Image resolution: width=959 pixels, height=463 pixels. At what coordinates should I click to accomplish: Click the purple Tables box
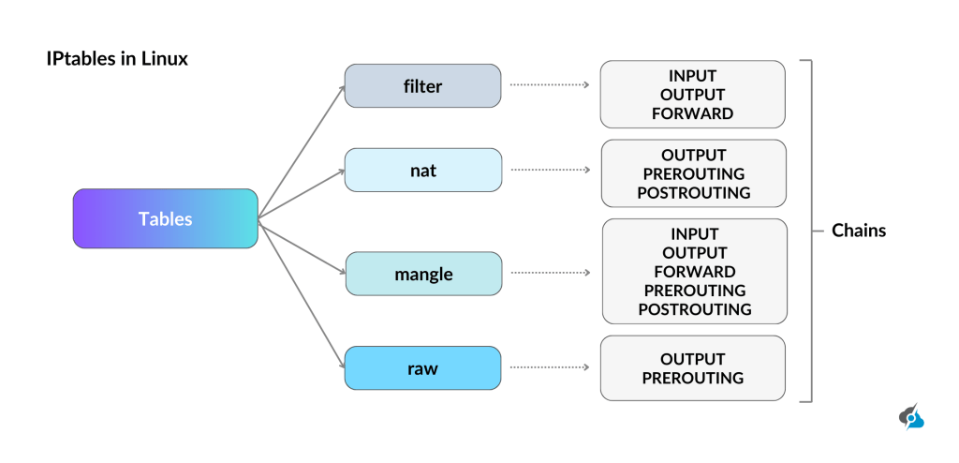[x=165, y=218]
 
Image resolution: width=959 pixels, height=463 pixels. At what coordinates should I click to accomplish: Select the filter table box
[x=422, y=86]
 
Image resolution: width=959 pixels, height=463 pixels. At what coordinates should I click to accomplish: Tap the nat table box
[x=423, y=171]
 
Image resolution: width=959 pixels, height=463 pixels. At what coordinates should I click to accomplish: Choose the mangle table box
[x=423, y=274]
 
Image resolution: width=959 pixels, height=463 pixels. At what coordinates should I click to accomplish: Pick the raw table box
[x=423, y=368]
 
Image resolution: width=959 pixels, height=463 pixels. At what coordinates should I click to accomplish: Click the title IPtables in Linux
[x=117, y=59]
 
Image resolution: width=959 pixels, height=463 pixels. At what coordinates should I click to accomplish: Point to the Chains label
[x=858, y=231]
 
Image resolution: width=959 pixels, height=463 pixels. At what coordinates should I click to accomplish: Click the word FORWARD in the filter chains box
[x=693, y=113]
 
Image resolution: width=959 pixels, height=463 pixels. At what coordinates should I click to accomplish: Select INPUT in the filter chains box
[x=693, y=76]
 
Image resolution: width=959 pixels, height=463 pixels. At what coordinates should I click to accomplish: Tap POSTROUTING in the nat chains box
[x=694, y=192]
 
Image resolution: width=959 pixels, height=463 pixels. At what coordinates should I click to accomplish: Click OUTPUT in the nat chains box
[x=694, y=155]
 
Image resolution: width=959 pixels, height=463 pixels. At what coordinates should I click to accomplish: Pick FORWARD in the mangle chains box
[x=694, y=272]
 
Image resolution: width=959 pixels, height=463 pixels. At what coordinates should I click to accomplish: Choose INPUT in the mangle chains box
[x=694, y=233]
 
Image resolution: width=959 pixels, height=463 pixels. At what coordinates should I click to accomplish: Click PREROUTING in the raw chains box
[x=693, y=378]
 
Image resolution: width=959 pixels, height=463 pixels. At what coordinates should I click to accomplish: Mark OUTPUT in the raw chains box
[x=693, y=359]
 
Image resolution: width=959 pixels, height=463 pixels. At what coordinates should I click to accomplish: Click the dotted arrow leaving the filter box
[x=549, y=85]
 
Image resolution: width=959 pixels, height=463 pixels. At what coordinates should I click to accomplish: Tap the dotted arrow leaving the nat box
[x=549, y=171]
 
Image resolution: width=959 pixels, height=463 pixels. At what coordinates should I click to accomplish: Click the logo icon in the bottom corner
[x=911, y=417]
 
